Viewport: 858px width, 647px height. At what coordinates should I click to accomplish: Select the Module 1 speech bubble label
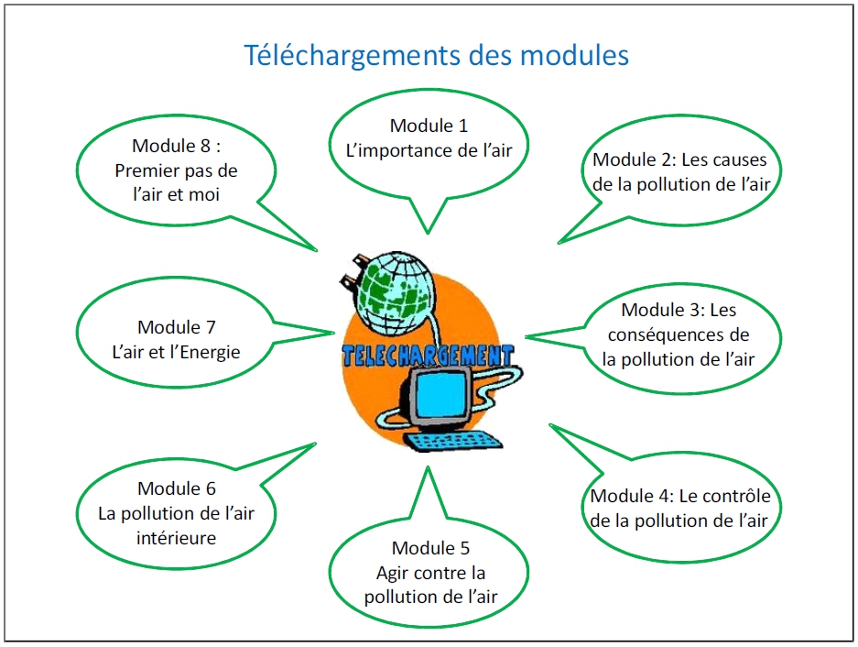click(429, 126)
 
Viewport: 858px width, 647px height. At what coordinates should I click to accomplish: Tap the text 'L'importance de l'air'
click(429, 150)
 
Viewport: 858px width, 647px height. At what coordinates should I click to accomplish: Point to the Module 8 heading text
click(176, 146)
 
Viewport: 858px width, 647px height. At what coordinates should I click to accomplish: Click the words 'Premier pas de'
click(176, 170)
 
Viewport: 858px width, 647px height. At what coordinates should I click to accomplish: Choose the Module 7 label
click(176, 327)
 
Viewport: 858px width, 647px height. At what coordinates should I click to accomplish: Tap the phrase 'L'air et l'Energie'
click(176, 352)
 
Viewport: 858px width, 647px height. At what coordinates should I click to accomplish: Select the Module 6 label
click(176, 488)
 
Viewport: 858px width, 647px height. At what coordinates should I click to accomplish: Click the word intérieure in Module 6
click(176, 538)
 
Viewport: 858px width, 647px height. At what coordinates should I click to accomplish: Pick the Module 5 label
click(430, 548)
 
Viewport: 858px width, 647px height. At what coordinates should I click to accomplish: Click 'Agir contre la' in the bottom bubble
click(430, 573)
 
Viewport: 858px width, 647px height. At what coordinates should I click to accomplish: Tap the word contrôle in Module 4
click(735, 495)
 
